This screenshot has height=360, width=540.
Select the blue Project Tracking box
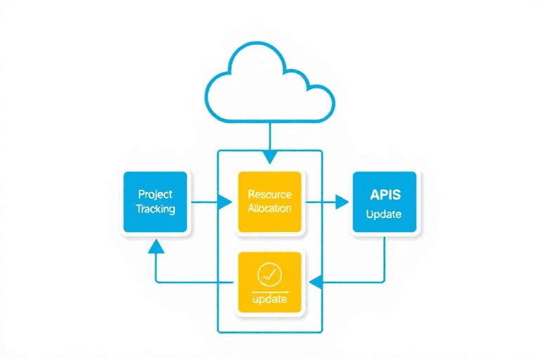pyautogui.click(x=155, y=202)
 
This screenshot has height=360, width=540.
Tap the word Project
pyautogui.click(x=155, y=194)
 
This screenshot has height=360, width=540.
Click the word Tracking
pyautogui.click(x=155, y=209)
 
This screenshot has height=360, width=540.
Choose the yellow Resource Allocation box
pyautogui.click(x=269, y=202)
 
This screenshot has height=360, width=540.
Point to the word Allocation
pyautogui.click(x=269, y=209)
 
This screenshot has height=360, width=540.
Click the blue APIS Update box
pyautogui.click(x=384, y=202)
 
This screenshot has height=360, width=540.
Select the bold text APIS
pyautogui.click(x=384, y=193)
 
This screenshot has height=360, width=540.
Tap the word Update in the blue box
pyautogui.click(x=384, y=214)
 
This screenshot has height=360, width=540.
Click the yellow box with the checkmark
pyautogui.click(x=269, y=282)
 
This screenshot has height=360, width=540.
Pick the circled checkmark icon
pyautogui.click(x=269, y=274)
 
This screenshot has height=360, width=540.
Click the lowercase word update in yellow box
pyautogui.click(x=269, y=300)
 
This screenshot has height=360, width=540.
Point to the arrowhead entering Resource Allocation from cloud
pyautogui.click(x=269, y=159)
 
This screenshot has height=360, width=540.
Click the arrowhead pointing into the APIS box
pyautogui.click(x=342, y=202)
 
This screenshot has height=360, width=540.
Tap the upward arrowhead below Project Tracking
pyautogui.click(x=155, y=245)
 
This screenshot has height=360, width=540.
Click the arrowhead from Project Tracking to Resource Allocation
pyautogui.click(x=226, y=202)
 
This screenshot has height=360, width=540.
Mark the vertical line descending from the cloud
pyautogui.click(x=269, y=137)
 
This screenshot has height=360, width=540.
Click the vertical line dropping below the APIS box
pyautogui.click(x=384, y=257)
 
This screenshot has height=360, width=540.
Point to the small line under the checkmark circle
pyautogui.click(x=269, y=290)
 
